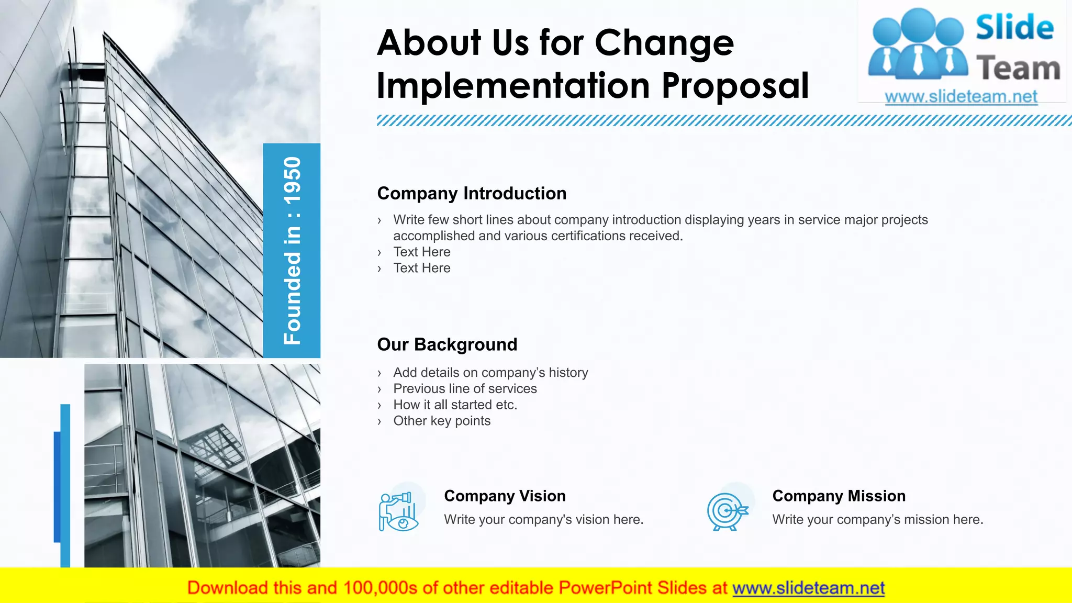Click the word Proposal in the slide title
click(x=735, y=86)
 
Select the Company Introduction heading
click(x=472, y=193)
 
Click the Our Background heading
click(x=447, y=344)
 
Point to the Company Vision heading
click(x=505, y=496)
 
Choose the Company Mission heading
click(x=839, y=496)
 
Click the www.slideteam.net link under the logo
click(x=961, y=97)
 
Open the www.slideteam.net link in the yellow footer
click(x=808, y=588)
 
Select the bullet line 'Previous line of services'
click(x=465, y=388)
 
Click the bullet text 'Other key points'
click(x=442, y=421)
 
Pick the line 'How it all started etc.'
click(x=455, y=405)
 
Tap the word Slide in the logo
click(x=1014, y=27)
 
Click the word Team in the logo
click(x=1018, y=69)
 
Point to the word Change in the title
click(x=664, y=43)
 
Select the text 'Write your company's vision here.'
click(x=543, y=519)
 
